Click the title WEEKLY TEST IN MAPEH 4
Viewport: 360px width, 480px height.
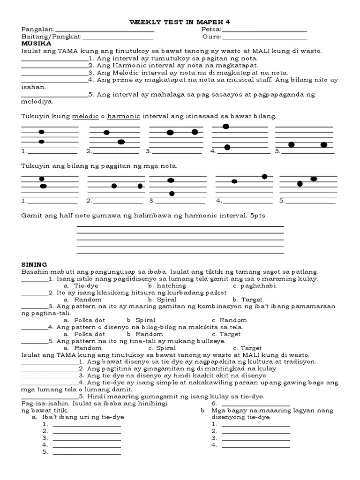click(180, 22)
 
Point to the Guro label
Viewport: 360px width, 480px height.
click(211, 37)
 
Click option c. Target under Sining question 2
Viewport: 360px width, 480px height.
click(247, 299)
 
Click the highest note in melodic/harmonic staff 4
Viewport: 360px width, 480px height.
click(225, 126)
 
